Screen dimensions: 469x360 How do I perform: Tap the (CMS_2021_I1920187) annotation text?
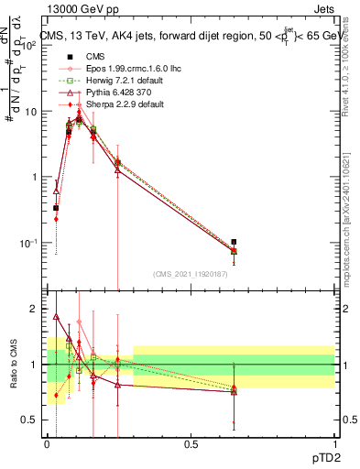point(190,274)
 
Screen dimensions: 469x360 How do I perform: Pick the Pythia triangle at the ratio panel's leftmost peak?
point(57,317)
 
